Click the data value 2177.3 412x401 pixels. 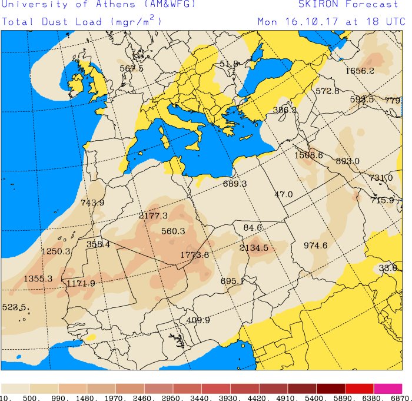tap(153, 216)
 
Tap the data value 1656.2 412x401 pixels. tap(360, 71)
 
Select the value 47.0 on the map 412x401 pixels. tap(283, 195)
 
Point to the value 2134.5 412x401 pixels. tap(254, 248)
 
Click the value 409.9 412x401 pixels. tap(198, 320)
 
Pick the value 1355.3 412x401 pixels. tap(38, 279)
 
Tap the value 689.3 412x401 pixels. tap(235, 184)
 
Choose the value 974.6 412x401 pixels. tap(315, 246)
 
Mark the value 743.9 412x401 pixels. tap(92, 203)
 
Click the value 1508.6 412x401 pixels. tap(309, 155)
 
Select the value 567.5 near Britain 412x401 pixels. tap(131, 68)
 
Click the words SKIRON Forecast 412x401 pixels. tap(348, 5)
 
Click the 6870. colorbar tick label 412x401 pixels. tap(401, 398)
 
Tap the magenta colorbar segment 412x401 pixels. tap(388, 389)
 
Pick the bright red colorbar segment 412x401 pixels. tap(359, 389)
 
